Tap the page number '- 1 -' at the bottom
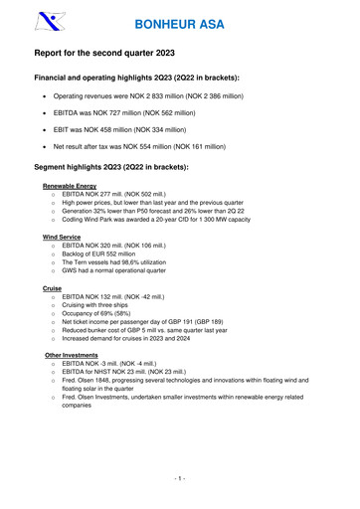[180, 480]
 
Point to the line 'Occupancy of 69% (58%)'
[108, 322]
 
